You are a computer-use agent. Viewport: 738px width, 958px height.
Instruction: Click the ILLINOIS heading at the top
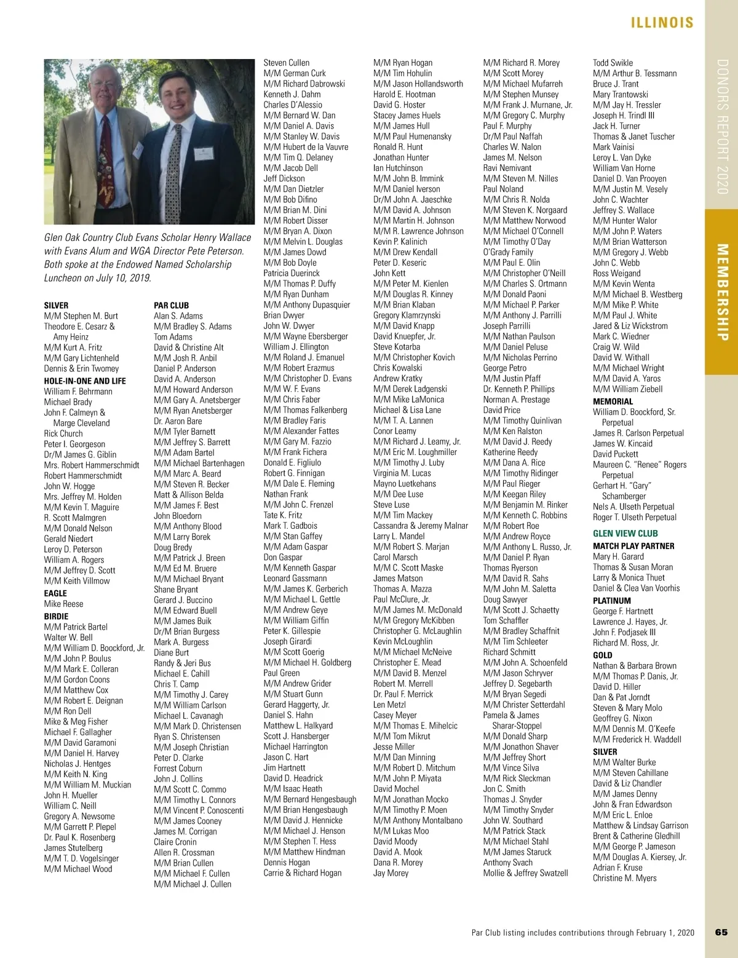(x=662, y=23)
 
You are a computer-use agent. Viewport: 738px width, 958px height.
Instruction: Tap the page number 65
(x=721, y=932)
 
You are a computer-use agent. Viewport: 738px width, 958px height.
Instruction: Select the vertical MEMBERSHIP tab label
(x=722, y=292)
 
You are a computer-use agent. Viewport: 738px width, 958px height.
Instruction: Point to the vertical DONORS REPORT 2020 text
(x=722, y=127)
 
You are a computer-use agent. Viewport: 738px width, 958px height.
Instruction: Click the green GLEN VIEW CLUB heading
(x=625, y=533)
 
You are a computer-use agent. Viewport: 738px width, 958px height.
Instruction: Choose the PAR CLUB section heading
(x=171, y=305)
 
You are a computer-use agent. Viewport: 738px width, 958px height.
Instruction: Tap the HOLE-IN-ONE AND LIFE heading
(x=85, y=381)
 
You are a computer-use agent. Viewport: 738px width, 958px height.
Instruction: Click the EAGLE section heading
(x=55, y=593)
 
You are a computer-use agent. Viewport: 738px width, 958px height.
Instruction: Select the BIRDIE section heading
(x=56, y=616)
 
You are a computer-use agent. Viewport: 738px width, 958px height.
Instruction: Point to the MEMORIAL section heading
(x=613, y=401)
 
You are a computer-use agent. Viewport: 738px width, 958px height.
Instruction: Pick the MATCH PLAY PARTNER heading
(x=633, y=546)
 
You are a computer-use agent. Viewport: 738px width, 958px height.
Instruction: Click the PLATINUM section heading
(x=611, y=601)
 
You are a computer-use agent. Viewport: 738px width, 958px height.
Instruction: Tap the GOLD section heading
(x=602, y=655)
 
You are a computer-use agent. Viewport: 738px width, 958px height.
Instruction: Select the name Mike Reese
(x=63, y=604)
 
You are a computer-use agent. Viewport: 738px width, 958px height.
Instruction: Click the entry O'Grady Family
(x=508, y=252)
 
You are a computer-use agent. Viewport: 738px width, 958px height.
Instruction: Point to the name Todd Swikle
(x=613, y=63)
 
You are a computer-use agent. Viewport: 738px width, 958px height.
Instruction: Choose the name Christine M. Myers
(x=624, y=878)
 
